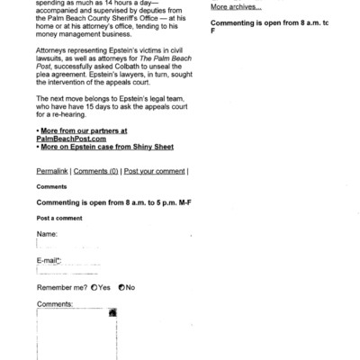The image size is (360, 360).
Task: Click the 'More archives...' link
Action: click(x=236, y=7)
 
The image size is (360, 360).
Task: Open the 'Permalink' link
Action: click(x=52, y=171)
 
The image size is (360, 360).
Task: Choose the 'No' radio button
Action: click(x=121, y=287)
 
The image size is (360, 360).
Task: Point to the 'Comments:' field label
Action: click(x=55, y=304)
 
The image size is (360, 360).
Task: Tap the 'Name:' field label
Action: click(x=47, y=233)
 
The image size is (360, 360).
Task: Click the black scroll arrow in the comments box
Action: click(x=112, y=314)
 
